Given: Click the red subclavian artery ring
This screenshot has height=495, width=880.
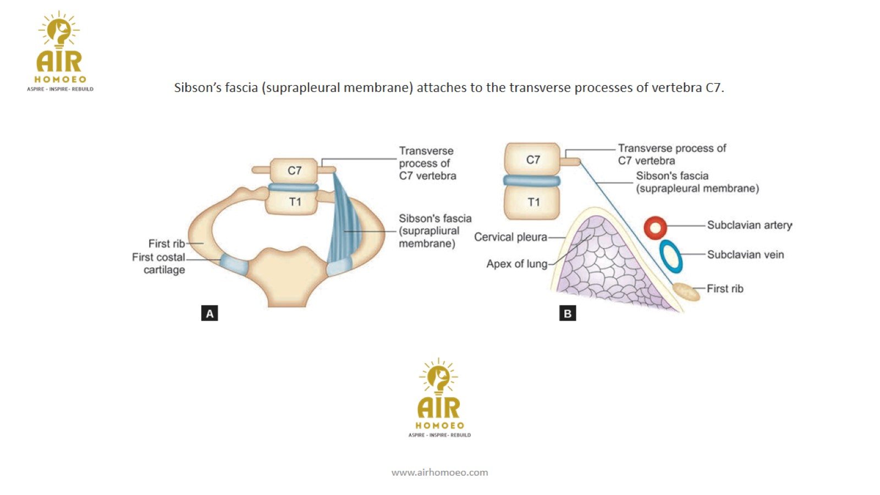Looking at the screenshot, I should coord(655,227).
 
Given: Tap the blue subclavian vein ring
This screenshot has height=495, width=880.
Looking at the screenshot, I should coord(670,256).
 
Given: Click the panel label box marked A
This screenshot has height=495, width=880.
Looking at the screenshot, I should coord(210,313).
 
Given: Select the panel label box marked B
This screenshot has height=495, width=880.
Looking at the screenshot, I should coord(568,313).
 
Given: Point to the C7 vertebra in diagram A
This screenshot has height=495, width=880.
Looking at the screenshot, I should coord(294,170).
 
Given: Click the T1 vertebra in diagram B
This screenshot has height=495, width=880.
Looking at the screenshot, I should coord(532,202).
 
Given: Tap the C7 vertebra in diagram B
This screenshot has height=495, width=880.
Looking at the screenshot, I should coord(532,159).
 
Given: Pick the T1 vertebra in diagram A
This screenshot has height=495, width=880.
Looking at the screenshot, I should coord(294,202).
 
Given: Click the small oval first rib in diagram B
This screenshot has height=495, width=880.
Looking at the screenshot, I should coord(687,291).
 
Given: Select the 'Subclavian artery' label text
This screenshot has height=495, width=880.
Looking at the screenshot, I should coord(749,225).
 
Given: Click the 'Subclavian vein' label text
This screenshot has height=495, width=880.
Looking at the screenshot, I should coord(745,255).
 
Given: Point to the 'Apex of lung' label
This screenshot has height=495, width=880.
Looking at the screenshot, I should coord(516,264).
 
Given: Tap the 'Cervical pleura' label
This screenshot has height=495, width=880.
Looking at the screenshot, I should coord(510,237).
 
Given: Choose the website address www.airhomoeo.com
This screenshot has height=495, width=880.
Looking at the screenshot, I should coord(439,472).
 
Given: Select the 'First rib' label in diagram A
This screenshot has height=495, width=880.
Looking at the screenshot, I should coord(166,243).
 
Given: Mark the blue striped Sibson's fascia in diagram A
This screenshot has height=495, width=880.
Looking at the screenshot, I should coord(345,226).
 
